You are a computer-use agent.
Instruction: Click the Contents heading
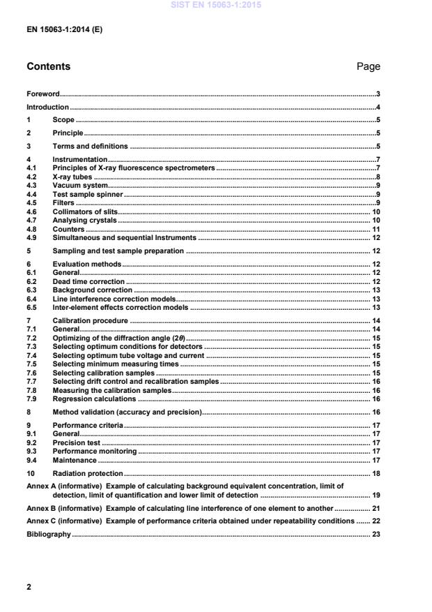48,67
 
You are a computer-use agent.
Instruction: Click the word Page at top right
367,67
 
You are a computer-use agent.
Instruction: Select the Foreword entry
43,94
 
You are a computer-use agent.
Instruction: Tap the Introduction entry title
47,107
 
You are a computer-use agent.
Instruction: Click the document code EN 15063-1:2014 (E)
64,31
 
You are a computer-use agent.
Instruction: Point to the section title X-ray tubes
72,178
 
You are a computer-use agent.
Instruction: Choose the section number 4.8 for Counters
31,229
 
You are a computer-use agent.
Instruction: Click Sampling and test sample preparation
118,251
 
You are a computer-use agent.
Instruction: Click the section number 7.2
31,338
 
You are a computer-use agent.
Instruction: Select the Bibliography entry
49,535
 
